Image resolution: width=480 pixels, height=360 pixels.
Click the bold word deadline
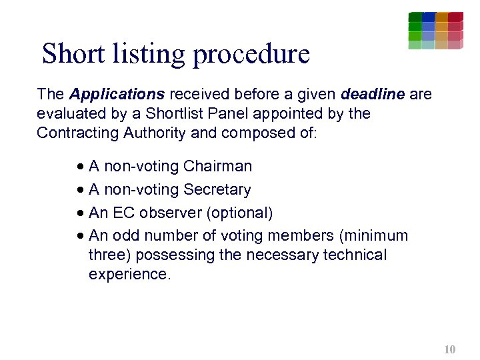click(x=373, y=94)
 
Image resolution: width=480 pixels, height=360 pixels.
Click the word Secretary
click(x=217, y=189)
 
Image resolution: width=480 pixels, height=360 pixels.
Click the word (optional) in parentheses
click(x=239, y=213)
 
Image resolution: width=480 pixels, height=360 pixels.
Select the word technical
click(x=354, y=255)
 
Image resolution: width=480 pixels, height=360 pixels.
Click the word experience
click(x=129, y=274)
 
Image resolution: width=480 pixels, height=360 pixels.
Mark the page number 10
click(x=449, y=349)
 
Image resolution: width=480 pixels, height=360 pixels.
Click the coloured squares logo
click(x=435, y=30)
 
